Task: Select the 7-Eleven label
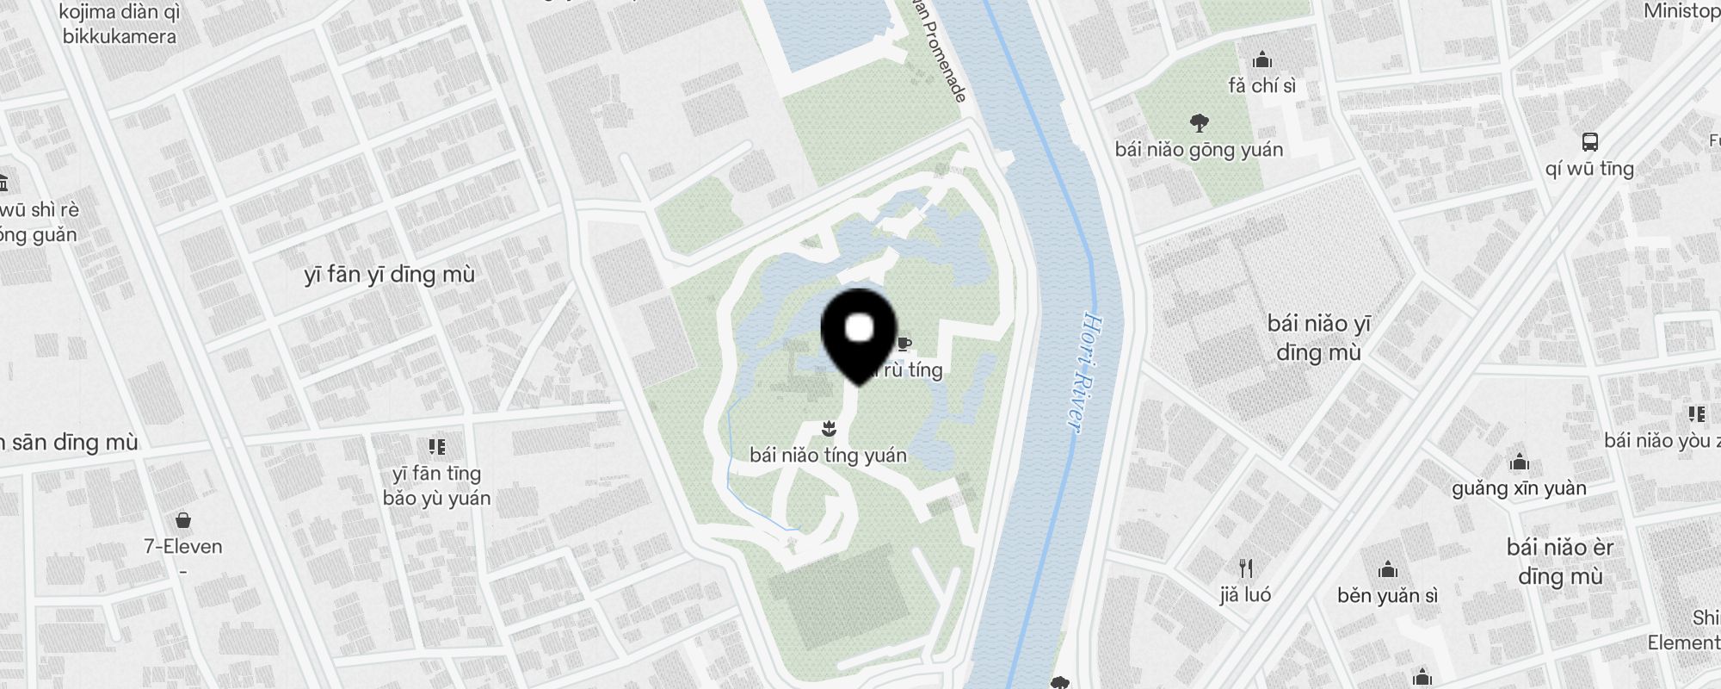coord(182,546)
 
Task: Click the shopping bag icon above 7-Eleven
coord(182,519)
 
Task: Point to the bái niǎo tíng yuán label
coord(828,455)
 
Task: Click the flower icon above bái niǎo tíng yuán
coord(828,428)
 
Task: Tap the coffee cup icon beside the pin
coord(903,344)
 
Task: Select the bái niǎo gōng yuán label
coord(1199,150)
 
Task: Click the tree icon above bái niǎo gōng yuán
coord(1199,123)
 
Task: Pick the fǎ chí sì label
coord(1261,85)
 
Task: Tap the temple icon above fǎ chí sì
coord(1262,59)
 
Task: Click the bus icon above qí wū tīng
coord(1589,142)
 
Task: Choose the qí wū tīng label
coord(1589,169)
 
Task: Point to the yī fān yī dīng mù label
coord(389,275)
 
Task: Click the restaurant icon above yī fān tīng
coord(437,446)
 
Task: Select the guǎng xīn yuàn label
coord(1519,488)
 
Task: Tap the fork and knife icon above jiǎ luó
coord(1245,568)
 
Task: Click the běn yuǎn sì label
coord(1387,595)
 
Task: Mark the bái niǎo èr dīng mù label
coord(1560,561)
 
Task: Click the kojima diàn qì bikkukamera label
coord(120,24)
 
